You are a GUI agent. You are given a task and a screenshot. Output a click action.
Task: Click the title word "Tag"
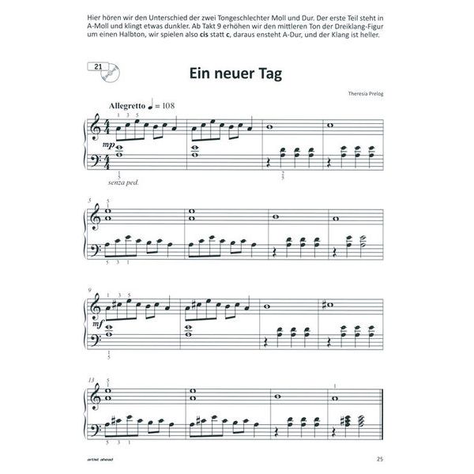point(264,75)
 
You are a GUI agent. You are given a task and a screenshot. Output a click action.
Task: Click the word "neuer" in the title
point(222,75)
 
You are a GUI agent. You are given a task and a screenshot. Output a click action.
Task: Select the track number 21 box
point(98,66)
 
